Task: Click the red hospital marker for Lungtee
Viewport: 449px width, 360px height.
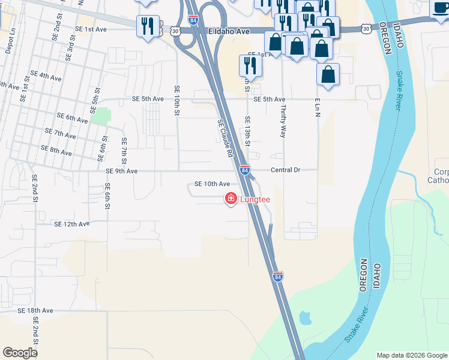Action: tap(231, 199)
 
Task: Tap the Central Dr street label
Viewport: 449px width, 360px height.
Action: tap(285, 170)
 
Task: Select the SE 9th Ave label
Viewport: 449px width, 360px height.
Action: tap(121, 171)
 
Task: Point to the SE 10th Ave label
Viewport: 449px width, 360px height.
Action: tap(212, 184)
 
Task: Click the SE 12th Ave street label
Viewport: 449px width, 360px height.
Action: tap(71, 224)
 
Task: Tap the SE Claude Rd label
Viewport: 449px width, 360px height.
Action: tap(225, 137)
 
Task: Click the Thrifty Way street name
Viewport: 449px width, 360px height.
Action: tap(283, 122)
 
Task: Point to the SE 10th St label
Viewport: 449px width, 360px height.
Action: tap(177, 101)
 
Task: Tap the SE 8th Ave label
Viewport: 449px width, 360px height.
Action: tap(56, 148)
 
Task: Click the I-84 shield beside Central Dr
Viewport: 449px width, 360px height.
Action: tap(245, 170)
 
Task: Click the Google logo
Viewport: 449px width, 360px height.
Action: tap(20, 353)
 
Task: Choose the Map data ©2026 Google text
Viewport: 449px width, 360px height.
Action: tap(411, 355)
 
